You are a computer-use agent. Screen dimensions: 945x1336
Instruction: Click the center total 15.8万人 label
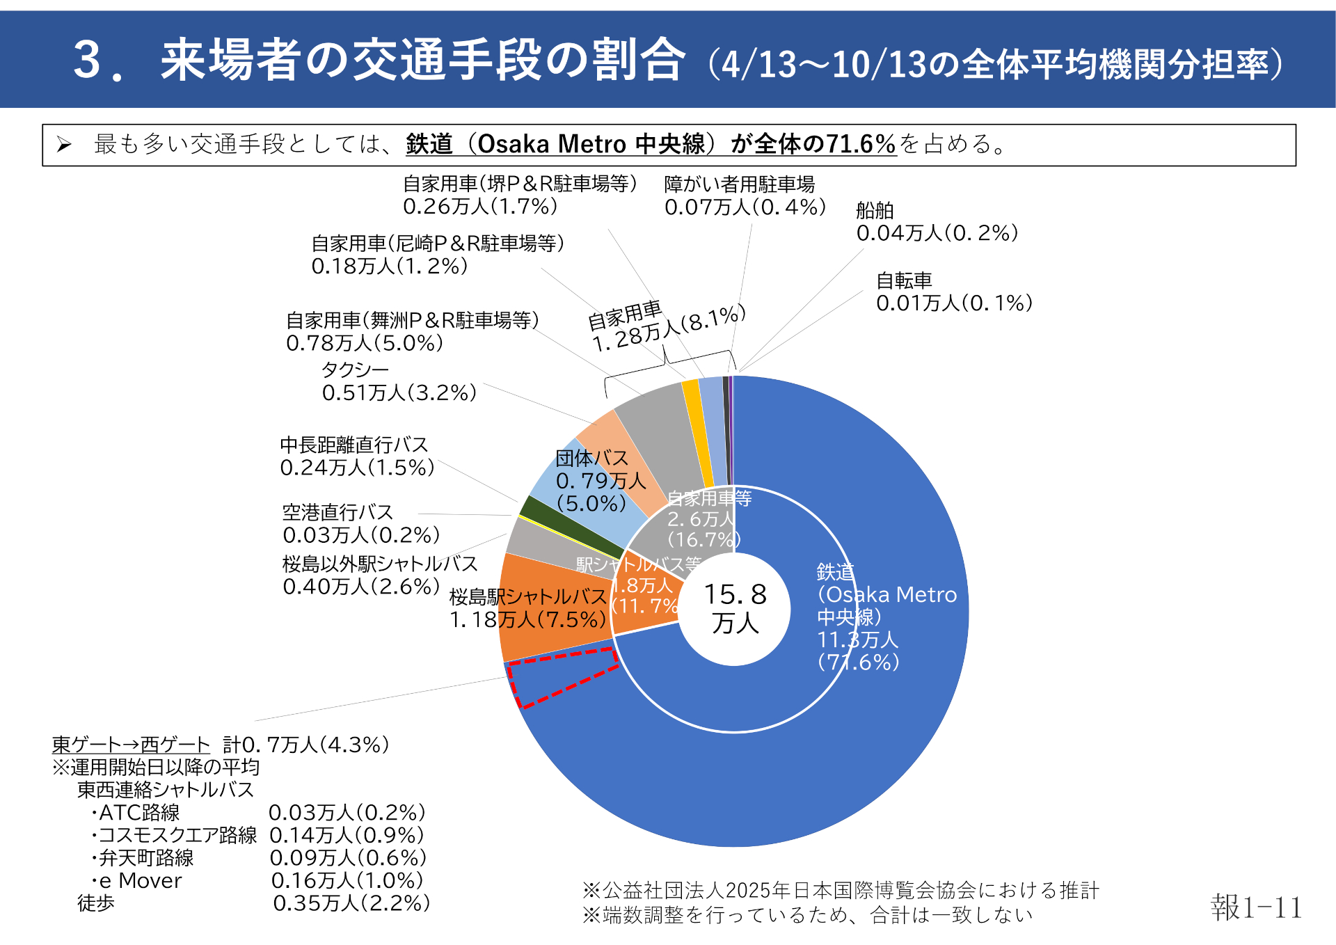(735, 608)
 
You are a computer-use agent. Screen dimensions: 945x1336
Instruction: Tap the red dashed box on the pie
(562, 677)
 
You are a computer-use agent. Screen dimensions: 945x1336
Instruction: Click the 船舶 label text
(875, 211)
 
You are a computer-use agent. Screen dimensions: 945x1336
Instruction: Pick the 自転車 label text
(904, 280)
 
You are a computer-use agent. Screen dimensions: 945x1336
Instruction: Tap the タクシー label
(355, 370)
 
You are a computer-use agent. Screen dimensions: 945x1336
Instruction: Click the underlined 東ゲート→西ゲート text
(131, 745)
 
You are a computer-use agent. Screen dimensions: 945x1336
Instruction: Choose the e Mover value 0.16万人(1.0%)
(347, 880)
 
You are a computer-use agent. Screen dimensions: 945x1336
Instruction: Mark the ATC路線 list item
(138, 813)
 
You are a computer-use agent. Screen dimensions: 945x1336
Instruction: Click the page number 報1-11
(1255, 907)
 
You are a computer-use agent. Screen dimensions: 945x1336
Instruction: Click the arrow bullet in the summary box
(64, 145)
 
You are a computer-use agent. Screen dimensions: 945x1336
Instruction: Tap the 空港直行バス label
(338, 512)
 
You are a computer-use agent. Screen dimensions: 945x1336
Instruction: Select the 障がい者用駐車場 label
(739, 184)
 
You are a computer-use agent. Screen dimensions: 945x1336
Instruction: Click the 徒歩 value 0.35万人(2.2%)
(351, 903)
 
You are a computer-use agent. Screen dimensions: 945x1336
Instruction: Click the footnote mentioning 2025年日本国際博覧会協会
(841, 890)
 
